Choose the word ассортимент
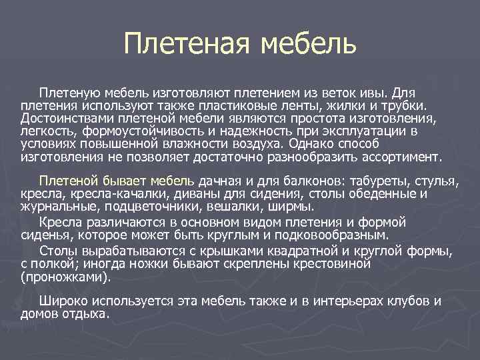point(403,157)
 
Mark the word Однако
point(313,145)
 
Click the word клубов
point(397,301)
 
